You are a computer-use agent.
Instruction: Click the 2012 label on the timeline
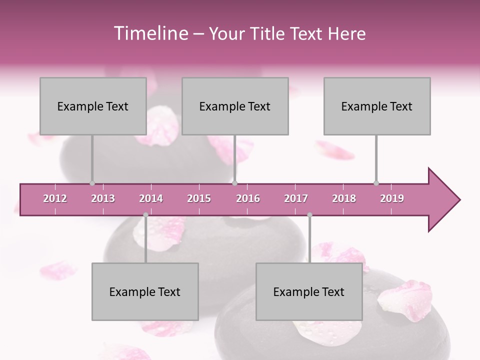click(55, 198)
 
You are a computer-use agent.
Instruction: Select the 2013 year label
click(103, 198)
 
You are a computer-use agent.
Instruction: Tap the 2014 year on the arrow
click(151, 198)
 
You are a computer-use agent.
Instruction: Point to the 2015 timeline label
click(199, 198)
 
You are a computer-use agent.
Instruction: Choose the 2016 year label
click(248, 198)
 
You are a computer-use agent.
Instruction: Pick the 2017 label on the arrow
click(296, 198)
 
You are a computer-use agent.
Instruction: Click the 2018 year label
click(344, 198)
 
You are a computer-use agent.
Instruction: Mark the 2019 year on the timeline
click(392, 198)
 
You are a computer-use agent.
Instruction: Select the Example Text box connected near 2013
click(93, 106)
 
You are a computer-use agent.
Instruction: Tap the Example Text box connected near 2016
click(235, 106)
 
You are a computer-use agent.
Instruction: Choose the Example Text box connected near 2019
click(377, 106)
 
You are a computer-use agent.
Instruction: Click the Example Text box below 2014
click(145, 292)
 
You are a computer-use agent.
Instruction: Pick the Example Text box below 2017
click(309, 292)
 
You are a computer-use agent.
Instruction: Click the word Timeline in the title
click(150, 33)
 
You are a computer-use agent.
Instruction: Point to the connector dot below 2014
click(145, 215)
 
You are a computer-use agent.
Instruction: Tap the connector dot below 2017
click(309, 215)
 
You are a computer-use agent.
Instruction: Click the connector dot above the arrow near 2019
click(376, 183)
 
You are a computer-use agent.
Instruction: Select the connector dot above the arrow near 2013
click(92, 183)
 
